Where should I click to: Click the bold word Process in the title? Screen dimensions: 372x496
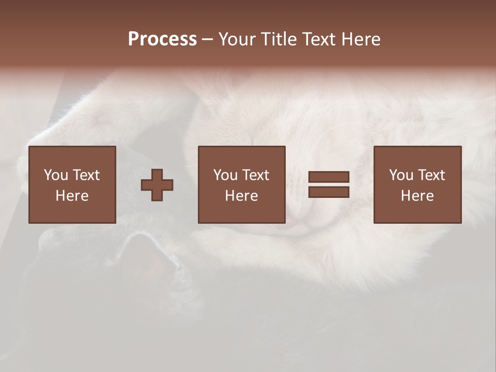click(162, 39)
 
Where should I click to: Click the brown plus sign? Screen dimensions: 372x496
click(157, 185)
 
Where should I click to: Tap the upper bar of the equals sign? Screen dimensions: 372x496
click(329, 177)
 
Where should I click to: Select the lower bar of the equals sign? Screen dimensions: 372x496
click(329, 192)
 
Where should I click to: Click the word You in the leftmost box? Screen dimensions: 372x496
click(56, 175)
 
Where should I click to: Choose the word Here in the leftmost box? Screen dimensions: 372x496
click(72, 196)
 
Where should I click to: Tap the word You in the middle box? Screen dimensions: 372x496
click(225, 175)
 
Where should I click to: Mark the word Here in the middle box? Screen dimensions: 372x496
click(241, 196)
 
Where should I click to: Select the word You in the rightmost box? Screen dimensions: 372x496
click(401, 175)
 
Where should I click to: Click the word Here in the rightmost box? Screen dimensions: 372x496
click(417, 196)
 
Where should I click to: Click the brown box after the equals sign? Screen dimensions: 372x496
click(417, 212)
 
